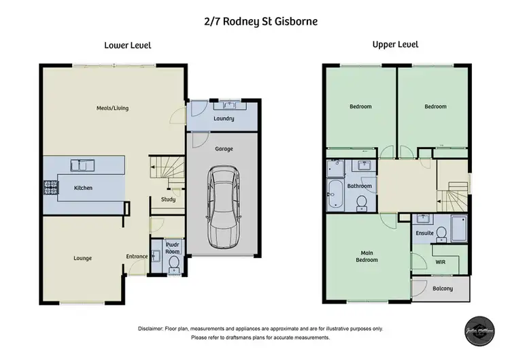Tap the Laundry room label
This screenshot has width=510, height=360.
(224, 118)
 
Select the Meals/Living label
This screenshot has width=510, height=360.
(112, 108)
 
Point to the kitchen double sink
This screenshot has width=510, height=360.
(85, 164)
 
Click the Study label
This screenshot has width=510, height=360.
(168, 199)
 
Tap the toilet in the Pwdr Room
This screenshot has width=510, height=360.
(173, 261)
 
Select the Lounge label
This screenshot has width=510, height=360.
(83, 258)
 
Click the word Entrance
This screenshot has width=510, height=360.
(137, 257)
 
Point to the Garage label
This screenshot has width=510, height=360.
(224, 148)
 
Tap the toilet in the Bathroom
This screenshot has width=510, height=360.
(362, 202)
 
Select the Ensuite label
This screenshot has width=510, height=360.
(424, 233)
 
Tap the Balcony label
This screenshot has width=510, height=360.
(443, 289)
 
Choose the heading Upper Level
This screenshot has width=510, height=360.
(395, 45)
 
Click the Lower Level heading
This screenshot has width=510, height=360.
(127, 45)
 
